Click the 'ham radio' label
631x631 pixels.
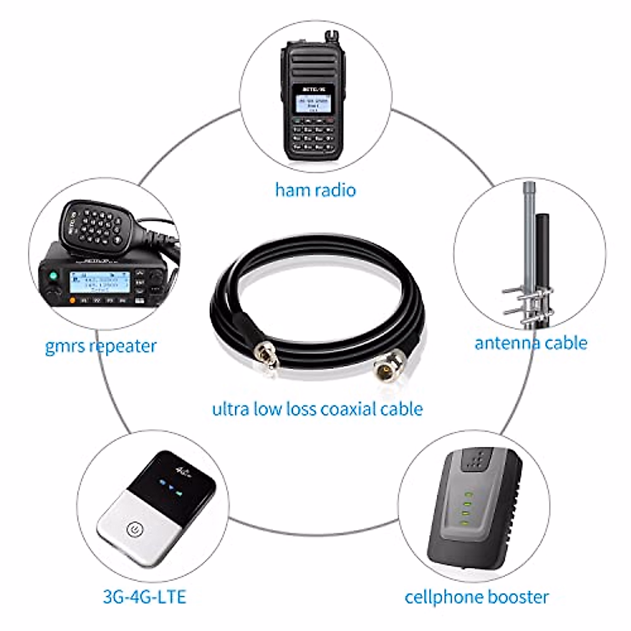(x=315, y=189)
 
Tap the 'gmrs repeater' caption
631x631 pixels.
(x=100, y=347)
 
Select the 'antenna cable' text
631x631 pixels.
(x=531, y=343)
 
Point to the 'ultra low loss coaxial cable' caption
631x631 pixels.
(x=317, y=409)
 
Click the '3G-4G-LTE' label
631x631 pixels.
(x=144, y=597)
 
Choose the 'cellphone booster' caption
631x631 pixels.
(x=476, y=597)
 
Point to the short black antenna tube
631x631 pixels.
(x=542, y=247)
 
